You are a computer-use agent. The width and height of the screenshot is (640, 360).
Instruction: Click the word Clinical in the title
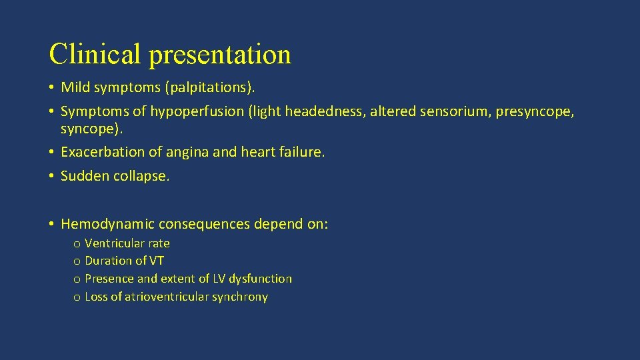96,54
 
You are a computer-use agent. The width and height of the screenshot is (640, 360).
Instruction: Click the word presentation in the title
220,55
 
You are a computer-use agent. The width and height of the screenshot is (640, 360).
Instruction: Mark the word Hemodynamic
100,224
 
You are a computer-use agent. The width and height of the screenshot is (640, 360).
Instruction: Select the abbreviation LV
220,279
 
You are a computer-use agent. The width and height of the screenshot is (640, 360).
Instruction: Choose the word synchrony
240,297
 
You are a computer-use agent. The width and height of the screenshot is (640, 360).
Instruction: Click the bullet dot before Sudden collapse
51,177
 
